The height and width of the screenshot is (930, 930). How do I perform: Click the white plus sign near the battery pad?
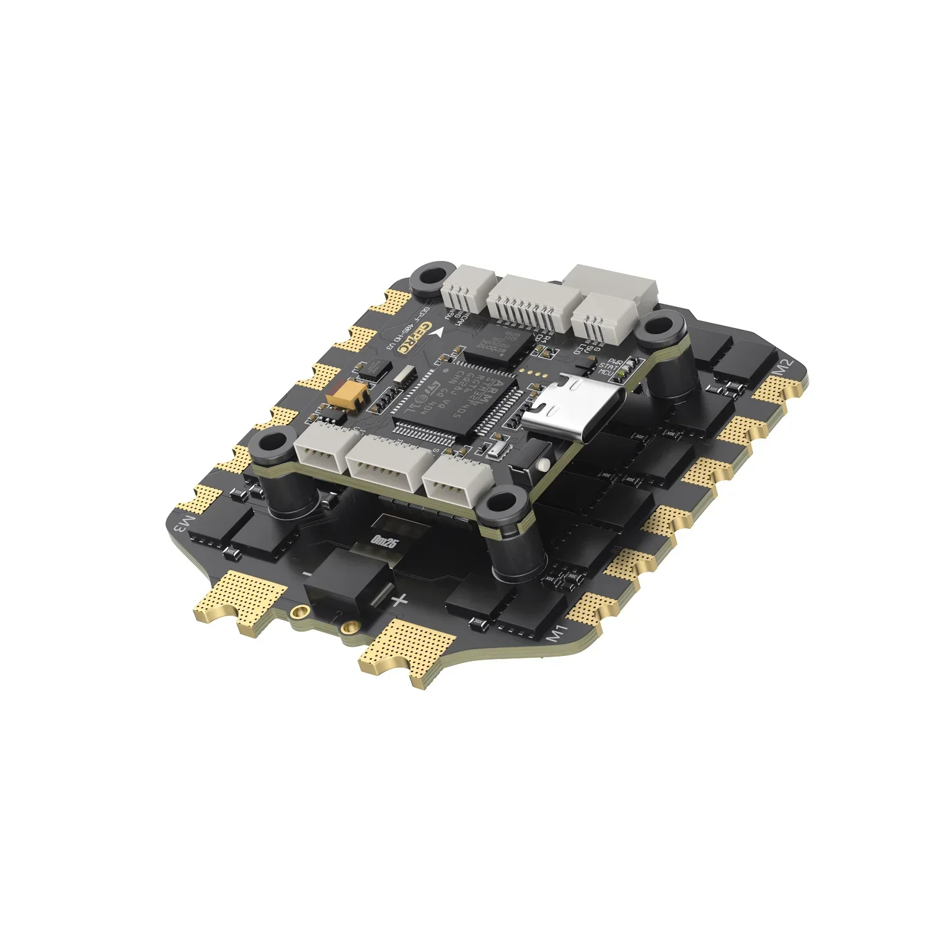(x=400, y=599)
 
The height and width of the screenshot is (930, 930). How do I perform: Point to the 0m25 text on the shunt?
(x=384, y=541)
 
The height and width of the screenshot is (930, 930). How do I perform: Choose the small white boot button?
(x=544, y=464)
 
